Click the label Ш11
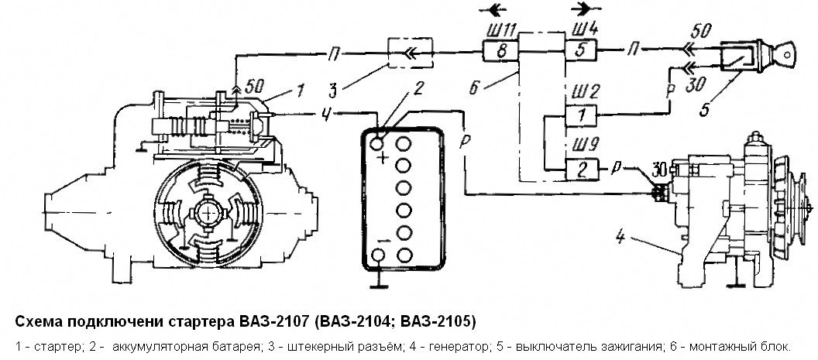[497, 30]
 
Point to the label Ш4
[580, 30]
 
